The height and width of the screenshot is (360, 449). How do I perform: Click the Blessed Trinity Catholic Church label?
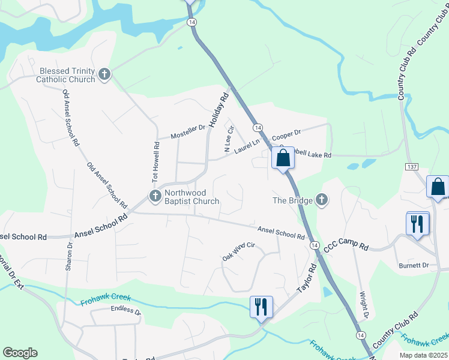65,74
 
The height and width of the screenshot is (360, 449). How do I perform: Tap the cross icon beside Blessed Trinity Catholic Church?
104,74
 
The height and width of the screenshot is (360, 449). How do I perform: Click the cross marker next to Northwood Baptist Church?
155,196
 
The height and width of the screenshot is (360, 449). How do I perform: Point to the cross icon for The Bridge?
322,200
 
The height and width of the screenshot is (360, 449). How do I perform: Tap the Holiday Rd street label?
219,108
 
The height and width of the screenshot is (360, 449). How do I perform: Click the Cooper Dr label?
286,134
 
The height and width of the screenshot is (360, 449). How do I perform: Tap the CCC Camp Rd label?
346,245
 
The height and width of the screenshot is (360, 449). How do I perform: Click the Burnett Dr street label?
414,265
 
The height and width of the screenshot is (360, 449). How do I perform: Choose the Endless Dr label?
125,311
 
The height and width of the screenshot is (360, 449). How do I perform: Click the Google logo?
20,353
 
